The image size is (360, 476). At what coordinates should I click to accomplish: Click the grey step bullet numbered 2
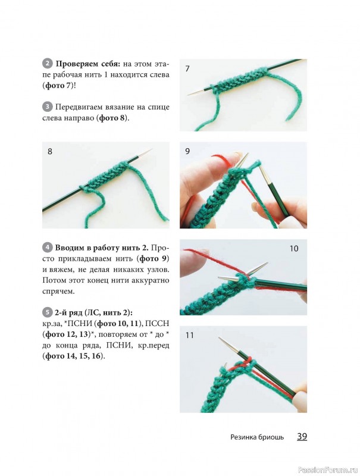(x=47, y=64)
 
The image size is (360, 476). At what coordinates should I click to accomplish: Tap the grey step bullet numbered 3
(x=47, y=107)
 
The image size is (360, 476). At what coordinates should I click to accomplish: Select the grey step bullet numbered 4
(x=47, y=248)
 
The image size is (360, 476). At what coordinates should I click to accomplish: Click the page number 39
(x=302, y=437)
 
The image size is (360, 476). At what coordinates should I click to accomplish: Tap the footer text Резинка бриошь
(x=257, y=437)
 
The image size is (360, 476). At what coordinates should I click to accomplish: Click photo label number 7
(x=187, y=68)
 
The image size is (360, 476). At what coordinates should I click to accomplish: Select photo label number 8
(x=50, y=151)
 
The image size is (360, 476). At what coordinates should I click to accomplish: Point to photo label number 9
(x=187, y=151)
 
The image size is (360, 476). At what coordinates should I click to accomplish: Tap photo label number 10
(x=294, y=249)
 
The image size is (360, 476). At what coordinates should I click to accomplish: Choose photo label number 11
(x=189, y=335)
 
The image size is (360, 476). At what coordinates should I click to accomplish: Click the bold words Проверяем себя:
(x=88, y=64)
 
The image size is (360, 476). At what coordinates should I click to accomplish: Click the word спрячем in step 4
(x=58, y=292)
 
